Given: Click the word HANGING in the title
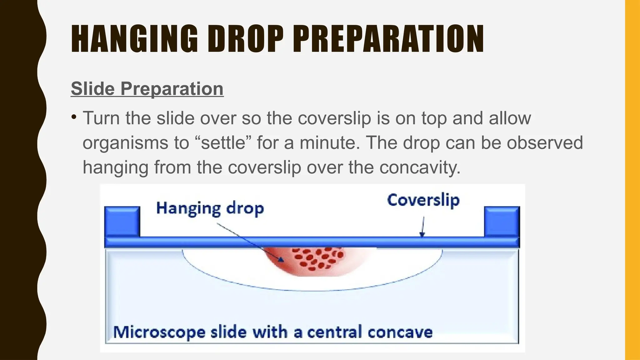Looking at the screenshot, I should pos(134,39).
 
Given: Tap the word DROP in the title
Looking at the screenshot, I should pos(245,39).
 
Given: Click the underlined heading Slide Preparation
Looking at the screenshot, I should pos(147,89).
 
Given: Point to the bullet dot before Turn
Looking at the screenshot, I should pos(74,117).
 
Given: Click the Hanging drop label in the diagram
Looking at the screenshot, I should pos(210,208).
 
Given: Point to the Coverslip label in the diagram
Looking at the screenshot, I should pos(423,200).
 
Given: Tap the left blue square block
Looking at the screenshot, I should pos(122,221).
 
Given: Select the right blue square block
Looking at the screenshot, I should pos(502,221).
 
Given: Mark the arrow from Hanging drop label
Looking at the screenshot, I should pos(250,241).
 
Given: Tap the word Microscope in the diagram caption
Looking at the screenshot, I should pos(159,332).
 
